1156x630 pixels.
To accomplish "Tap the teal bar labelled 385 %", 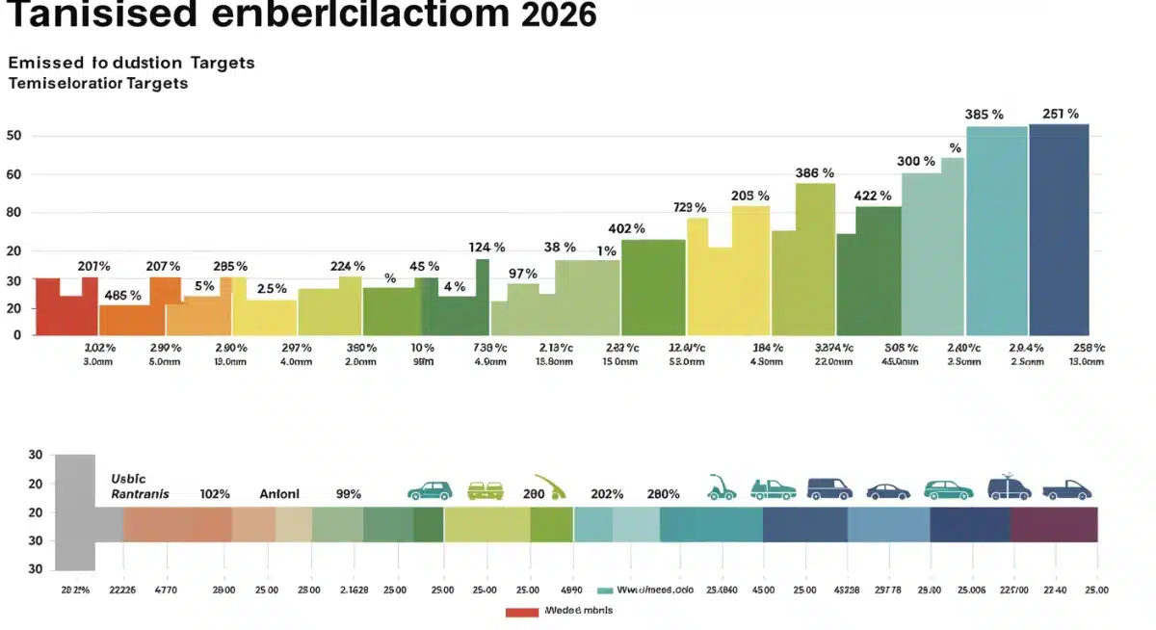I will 996,231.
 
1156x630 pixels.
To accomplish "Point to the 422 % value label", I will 872,196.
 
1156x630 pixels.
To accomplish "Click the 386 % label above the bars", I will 814,173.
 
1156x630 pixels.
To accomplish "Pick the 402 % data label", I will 626,229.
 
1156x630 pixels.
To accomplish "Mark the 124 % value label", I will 486,248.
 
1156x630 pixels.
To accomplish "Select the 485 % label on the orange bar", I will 122,295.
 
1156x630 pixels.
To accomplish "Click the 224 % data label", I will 347,266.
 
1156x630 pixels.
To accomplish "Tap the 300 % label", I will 915,161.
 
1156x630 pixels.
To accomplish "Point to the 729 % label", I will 689,207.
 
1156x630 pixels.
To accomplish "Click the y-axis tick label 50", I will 13,136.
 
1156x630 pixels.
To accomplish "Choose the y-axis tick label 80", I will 13,213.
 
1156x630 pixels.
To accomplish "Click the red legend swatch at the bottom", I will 521,611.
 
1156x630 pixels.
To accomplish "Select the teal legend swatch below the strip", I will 605,590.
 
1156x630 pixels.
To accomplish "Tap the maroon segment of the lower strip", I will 1053,524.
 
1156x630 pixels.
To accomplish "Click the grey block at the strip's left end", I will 75,511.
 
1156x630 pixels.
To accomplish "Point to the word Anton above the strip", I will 279,493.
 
